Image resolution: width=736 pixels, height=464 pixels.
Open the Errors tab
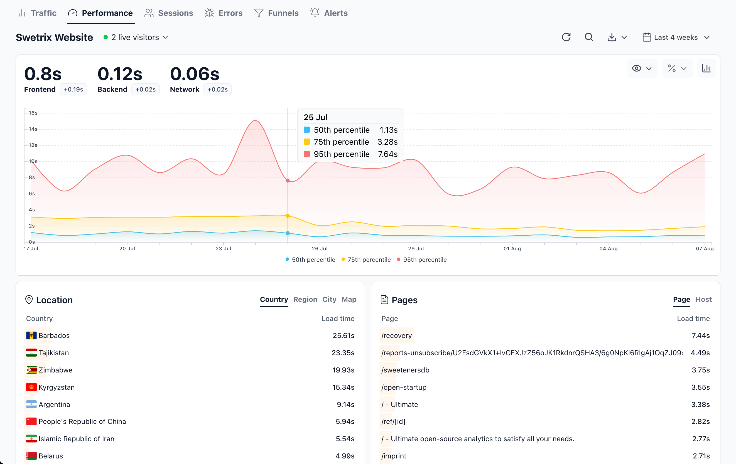pos(224,13)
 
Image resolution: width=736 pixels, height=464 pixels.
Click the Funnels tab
pos(276,13)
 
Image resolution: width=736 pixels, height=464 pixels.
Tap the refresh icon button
pos(566,37)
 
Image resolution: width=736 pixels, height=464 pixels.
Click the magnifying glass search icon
pos(589,37)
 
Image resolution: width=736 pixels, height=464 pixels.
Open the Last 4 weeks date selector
pos(676,37)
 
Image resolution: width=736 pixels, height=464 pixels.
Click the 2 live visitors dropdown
pos(136,37)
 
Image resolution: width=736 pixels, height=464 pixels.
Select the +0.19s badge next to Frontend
pos(73,90)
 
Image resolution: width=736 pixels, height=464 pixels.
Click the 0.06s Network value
pos(194,74)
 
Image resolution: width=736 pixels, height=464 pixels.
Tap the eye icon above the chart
pos(637,68)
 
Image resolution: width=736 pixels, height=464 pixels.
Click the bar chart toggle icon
pos(706,68)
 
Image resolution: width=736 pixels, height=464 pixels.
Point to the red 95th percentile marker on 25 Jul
pos(288,181)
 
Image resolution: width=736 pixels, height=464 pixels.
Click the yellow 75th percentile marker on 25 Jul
pos(288,216)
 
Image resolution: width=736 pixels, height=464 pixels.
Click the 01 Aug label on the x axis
pos(512,249)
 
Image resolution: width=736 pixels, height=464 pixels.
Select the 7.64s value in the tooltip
pos(387,154)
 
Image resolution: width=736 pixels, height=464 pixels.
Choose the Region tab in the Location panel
pos(305,299)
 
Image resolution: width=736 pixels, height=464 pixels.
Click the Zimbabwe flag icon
pos(31,370)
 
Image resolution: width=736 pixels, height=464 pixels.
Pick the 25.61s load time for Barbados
pos(343,335)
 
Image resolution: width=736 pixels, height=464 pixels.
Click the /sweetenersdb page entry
pos(405,370)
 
